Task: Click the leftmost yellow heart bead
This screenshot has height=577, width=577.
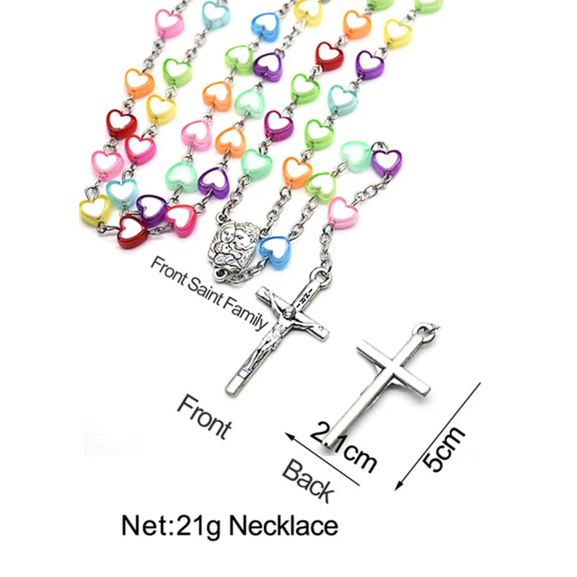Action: coord(94,210)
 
